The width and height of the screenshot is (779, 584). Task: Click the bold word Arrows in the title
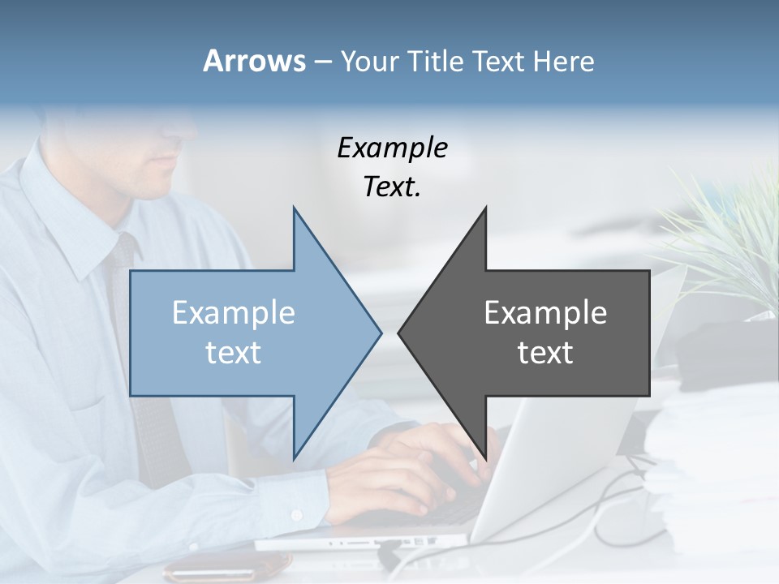click(x=254, y=61)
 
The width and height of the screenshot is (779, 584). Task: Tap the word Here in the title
click(x=563, y=61)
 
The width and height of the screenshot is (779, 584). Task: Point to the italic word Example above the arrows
click(x=392, y=148)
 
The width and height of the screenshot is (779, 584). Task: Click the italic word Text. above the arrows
click(x=392, y=187)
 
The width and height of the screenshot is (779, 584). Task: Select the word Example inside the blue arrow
click(x=234, y=312)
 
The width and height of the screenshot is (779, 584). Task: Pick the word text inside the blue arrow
click(x=234, y=353)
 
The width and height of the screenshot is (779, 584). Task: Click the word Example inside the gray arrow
click(x=545, y=312)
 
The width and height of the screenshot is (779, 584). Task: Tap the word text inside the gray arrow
click(x=545, y=353)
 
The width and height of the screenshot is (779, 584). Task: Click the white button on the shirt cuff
click(x=297, y=515)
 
